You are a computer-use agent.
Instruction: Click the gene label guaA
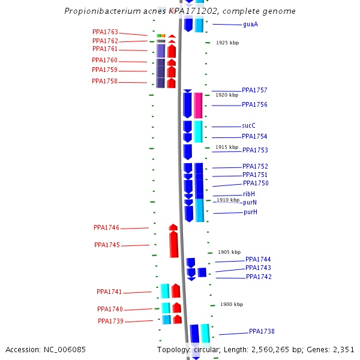pyautogui.click(x=250, y=25)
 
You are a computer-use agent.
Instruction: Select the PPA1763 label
pyautogui.click(x=105, y=32)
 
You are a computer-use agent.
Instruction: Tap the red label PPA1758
pyautogui.click(x=104, y=82)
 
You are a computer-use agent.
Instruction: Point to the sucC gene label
pyautogui.click(x=249, y=126)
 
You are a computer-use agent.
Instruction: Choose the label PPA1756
pyautogui.click(x=254, y=105)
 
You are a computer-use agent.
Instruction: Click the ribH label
pyautogui.click(x=249, y=194)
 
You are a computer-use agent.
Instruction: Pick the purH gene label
pyautogui.click(x=250, y=212)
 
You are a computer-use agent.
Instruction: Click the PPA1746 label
pyautogui.click(x=106, y=228)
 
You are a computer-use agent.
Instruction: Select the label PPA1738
pyautogui.click(x=262, y=332)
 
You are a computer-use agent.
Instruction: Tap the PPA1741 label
pyautogui.click(x=109, y=292)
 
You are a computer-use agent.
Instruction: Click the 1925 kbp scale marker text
pyautogui.click(x=227, y=43)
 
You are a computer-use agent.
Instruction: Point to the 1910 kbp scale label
pyautogui.click(x=228, y=200)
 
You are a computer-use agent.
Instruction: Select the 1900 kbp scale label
pyautogui.click(x=232, y=305)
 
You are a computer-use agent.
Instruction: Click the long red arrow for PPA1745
pyautogui.click(x=173, y=244)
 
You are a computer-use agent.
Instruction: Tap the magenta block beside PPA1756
pyautogui.click(x=198, y=105)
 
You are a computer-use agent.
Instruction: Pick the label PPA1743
pyautogui.click(x=258, y=268)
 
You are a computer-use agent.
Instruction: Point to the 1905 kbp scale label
pyautogui.click(x=229, y=253)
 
